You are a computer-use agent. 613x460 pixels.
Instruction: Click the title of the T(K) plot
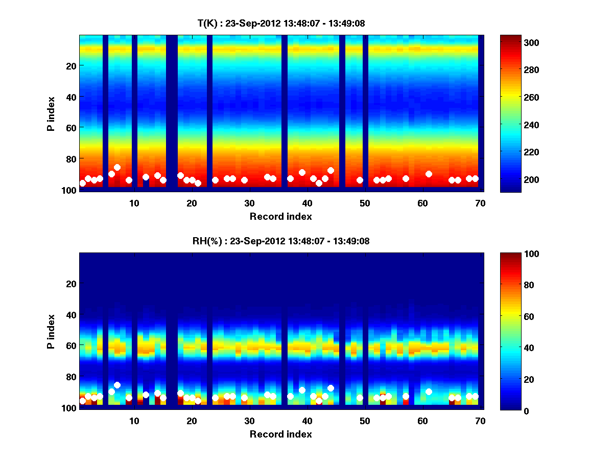pos(280,24)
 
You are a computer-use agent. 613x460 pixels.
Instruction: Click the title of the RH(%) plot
pos(280,241)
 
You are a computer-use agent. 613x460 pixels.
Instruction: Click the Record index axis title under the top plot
pos(280,216)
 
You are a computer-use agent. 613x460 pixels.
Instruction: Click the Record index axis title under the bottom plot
pos(280,434)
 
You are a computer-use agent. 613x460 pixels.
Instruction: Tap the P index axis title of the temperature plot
pos(51,113)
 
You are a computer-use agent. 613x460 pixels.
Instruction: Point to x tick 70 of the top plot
pos(480,202)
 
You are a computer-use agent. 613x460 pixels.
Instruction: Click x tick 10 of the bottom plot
pos(134,421)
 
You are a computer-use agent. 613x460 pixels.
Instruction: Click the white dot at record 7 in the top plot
pos(117,167)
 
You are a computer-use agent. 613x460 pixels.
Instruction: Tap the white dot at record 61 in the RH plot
pos(429,392)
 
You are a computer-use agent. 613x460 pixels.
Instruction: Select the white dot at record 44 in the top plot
pos(331,170)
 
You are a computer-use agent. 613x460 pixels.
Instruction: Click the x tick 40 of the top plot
pos(307,202)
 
